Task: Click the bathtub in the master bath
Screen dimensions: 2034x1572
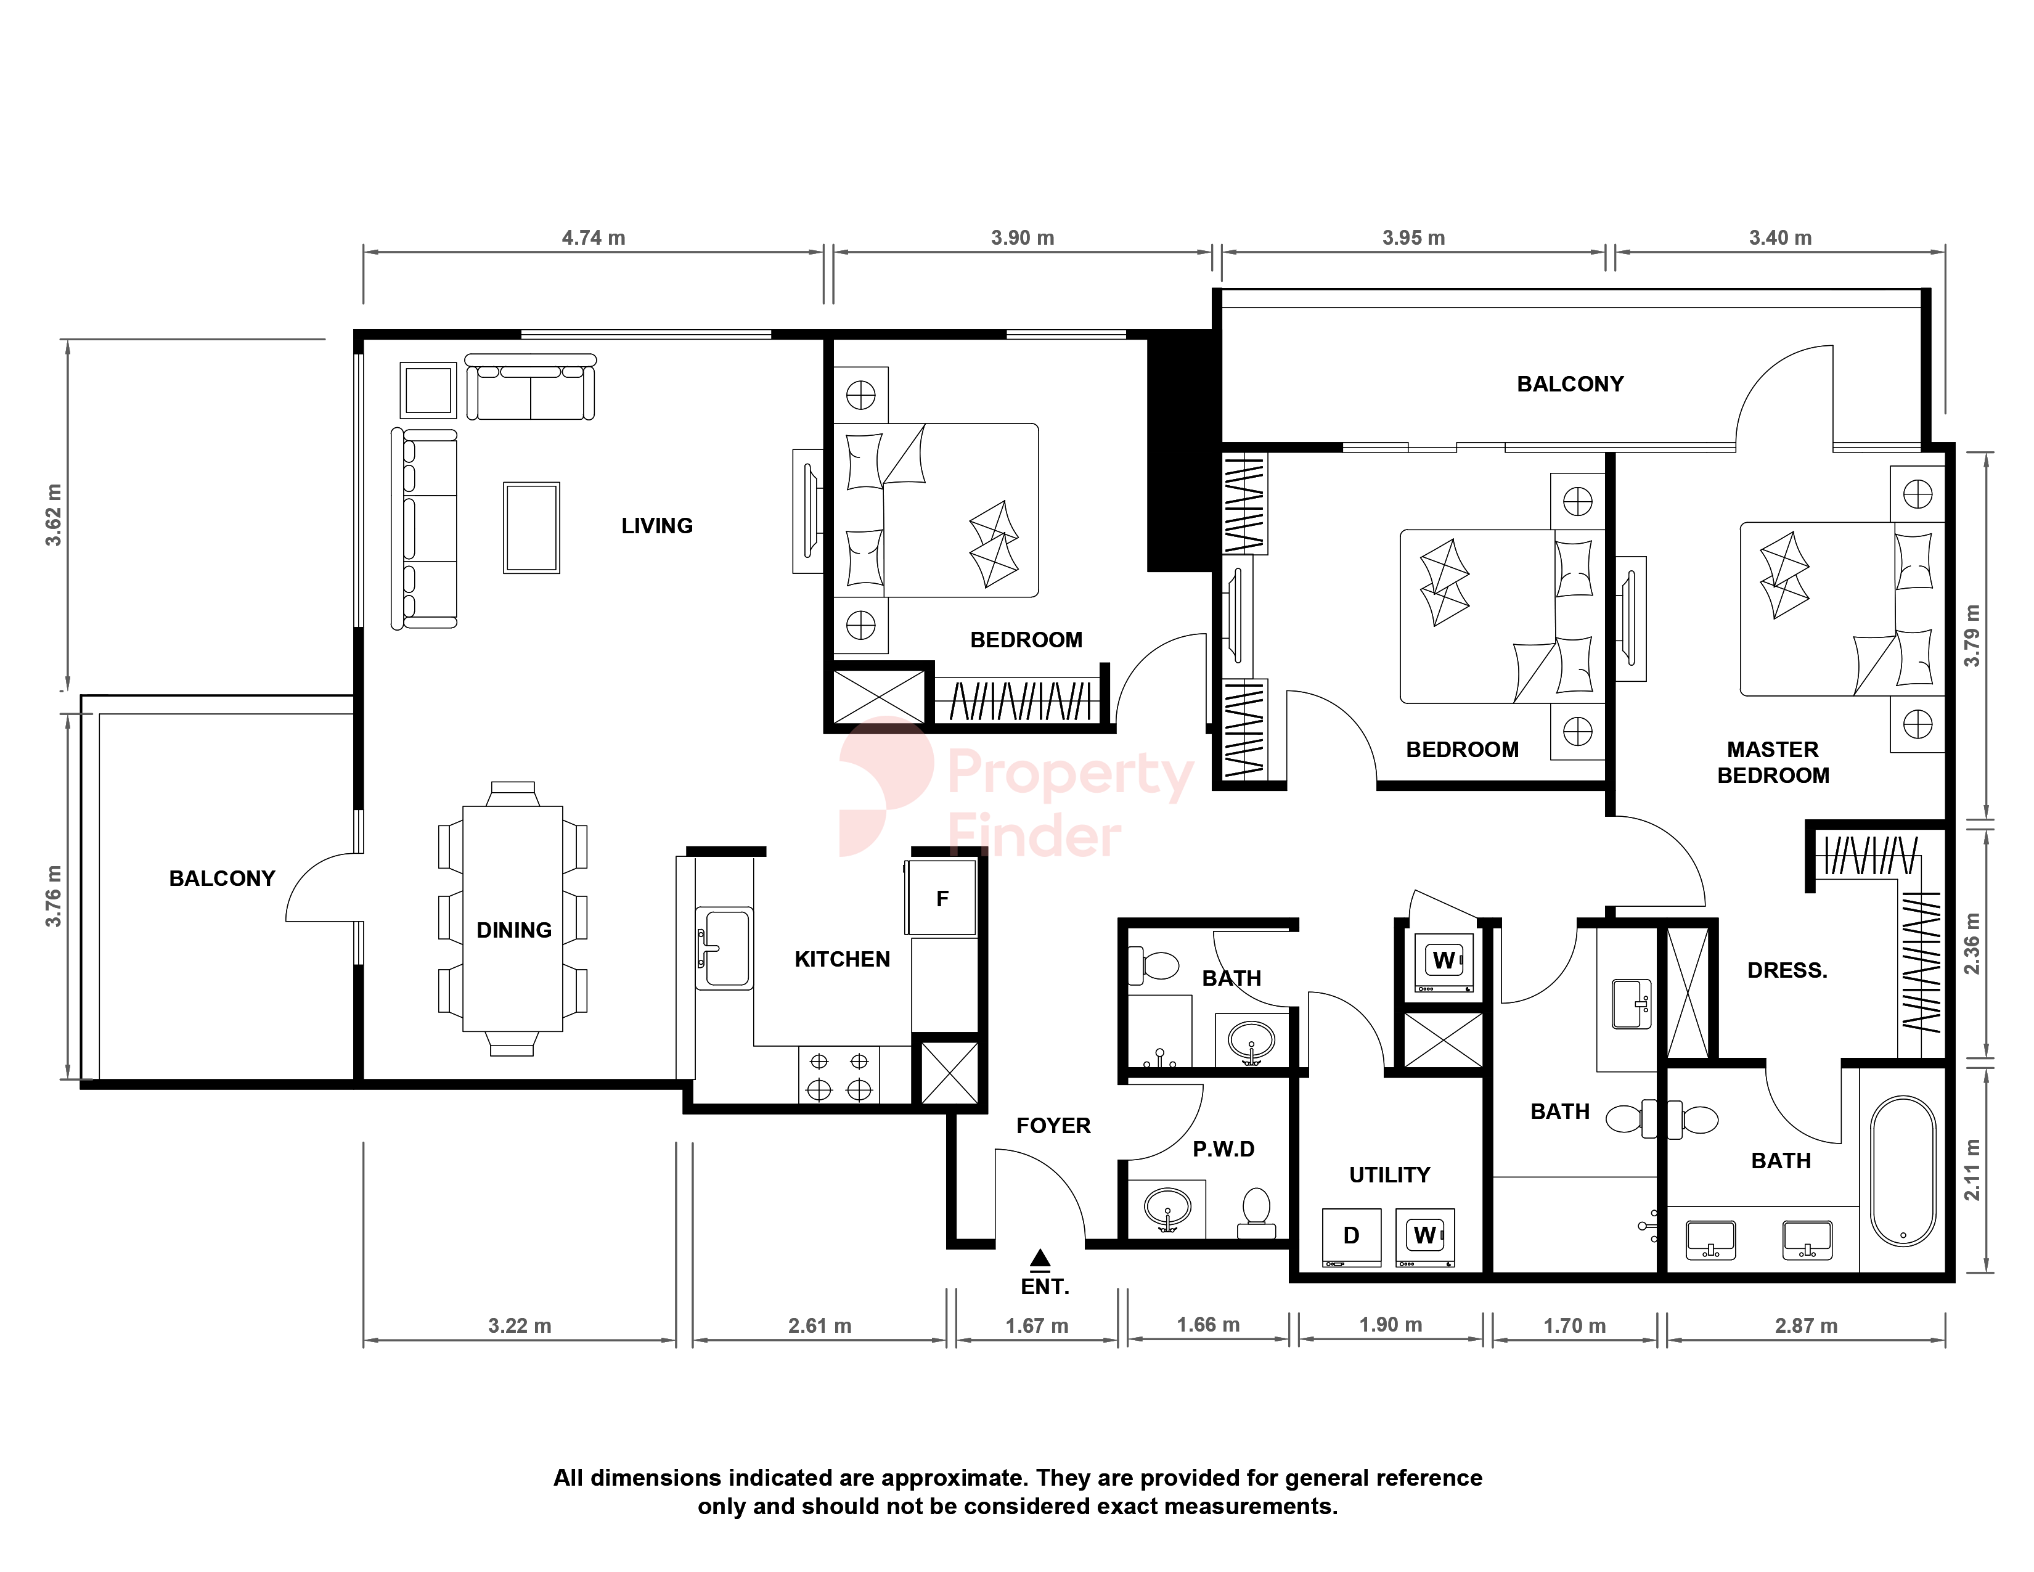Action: (1903, 1171)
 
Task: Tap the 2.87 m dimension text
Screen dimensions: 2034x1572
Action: (1806, 1326)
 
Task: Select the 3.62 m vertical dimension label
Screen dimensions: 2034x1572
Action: (54, 515)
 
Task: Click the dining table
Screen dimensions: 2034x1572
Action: (513, 919)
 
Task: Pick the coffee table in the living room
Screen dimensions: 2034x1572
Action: (532, 527)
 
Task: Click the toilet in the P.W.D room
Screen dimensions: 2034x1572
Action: (1256, 1213)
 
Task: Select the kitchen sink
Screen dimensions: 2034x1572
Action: (725, 948)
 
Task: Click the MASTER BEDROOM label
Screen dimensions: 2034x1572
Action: (1773, 763)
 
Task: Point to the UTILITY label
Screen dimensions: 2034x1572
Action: (1389, 1175)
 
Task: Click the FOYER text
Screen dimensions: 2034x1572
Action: (1053, 1126)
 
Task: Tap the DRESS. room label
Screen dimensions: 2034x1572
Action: (1787, 970)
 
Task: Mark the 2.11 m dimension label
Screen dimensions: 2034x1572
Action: (1972, 1169)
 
